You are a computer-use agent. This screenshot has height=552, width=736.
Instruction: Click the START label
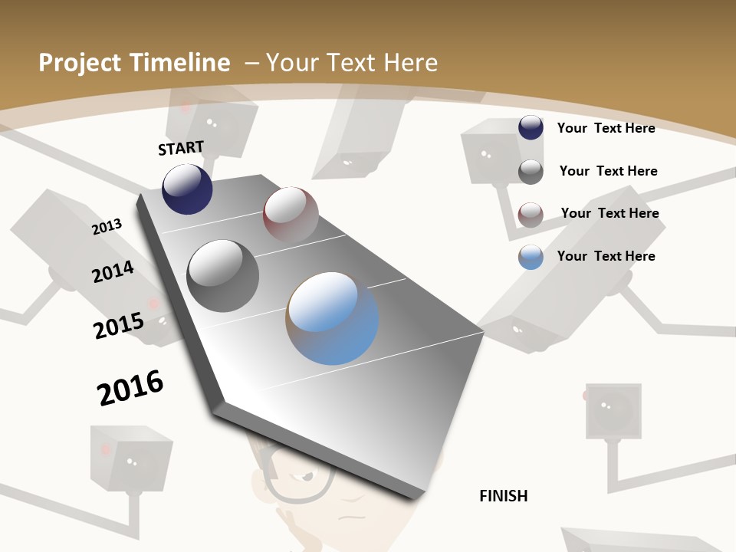[x=181, y=148]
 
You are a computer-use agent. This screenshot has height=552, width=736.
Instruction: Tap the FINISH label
[x=503, y=496]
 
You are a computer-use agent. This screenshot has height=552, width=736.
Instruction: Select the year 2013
[x=107, y=226]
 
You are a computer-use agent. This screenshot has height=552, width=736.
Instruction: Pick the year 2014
[x=113, y=272]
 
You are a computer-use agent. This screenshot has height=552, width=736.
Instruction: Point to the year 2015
[x=119, y=325]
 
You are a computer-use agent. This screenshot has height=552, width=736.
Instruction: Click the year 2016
[x=130, y=387]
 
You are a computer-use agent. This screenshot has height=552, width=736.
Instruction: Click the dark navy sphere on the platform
[x=187, y=189]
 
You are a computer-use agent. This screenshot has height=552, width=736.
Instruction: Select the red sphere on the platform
[x=291, y=214]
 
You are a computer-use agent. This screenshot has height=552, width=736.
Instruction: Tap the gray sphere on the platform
[x=223, y=275]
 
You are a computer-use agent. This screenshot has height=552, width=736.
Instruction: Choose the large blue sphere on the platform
[x=332, y=317]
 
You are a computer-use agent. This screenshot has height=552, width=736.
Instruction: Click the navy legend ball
[x=531, y=127]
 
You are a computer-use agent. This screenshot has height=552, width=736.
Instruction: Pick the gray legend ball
[x=531, y=172]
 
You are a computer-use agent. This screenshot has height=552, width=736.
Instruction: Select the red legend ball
[x=531, y=215]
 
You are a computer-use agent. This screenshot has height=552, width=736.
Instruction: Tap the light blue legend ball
[x=531, y=257]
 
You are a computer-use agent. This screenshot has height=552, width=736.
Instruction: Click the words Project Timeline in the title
[x=134, y=63]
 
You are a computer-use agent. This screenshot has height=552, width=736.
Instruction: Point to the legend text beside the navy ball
[x=606, y=128]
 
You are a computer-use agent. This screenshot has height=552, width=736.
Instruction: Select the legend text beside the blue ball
[x=606, y=256]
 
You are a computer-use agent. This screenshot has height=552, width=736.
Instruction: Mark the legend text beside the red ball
[x=609, y=213]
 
